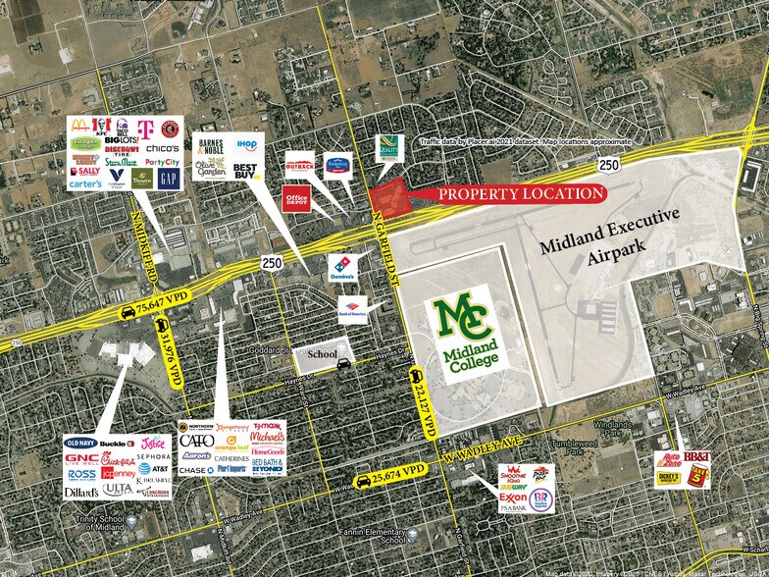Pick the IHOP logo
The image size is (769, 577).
pyautogui.click(x=245, y=144)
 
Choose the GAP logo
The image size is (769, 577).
pyautogui.click(x=169, y=179)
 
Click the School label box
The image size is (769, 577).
pyautogui.click(x=323, y=353)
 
